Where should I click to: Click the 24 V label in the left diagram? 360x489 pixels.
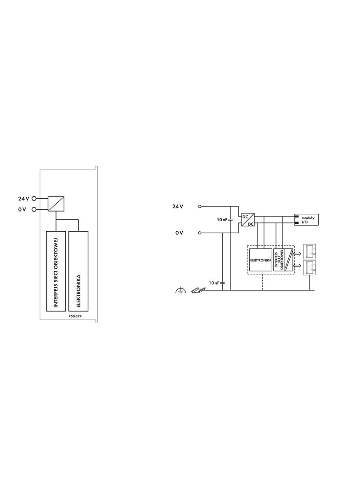(x=24, y=199)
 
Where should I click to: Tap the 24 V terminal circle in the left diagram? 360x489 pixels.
(x=34, y=199)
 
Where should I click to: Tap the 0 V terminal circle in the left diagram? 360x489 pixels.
(x=34, y=209)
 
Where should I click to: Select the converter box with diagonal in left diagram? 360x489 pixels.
(x=56, y=204)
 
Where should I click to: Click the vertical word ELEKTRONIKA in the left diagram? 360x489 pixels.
(x=79, y=291)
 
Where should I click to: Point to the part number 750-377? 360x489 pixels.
(x=69, y=316)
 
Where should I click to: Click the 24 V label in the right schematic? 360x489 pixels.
(x=178, y=206)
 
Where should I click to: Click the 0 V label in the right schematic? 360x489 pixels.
(x=179, y=233)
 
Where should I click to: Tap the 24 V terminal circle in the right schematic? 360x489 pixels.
(x=199, y=206)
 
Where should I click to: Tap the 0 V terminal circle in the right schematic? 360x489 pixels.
(x=199, y=233)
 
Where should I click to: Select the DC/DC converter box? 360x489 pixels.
(x=248, y=220)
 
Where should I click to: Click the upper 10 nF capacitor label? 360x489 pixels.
(x=222, y=220)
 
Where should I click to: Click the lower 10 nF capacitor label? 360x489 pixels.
(x=214, y=283)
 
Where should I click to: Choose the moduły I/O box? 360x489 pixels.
(x=306, y=220)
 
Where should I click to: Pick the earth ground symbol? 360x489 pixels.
(x=181, y=290)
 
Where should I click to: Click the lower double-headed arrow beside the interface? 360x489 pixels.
(x=297, y=266)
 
